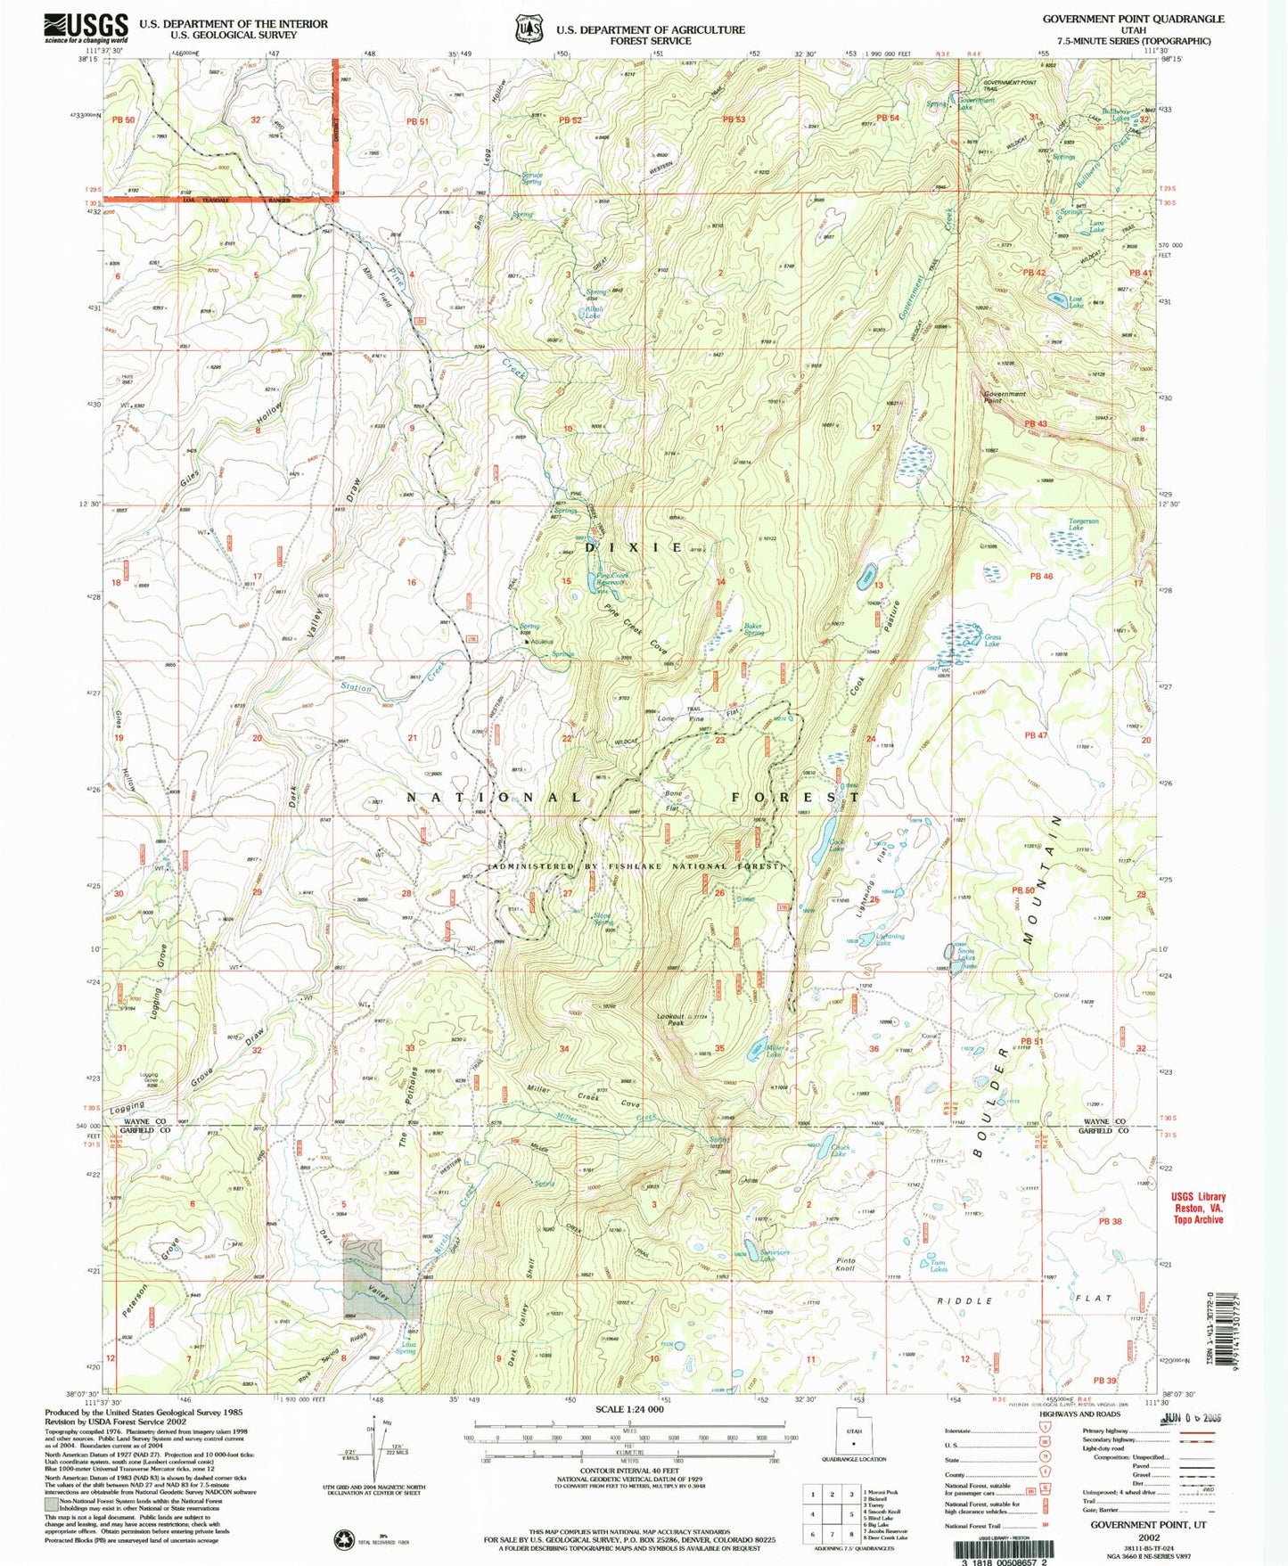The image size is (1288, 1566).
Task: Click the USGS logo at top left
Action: pyautogui.click(x=86, y=29)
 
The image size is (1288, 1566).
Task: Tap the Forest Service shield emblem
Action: pyautogui.click(x=528, y=29)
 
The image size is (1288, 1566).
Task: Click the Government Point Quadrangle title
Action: pyautogui.click(x=1133, y=19)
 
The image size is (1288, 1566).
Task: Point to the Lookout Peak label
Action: pyautogui.click(x=670, y=1020)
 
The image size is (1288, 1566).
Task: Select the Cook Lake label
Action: pyautogui.click(x=836, y=845)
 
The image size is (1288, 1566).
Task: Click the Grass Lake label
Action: pyautogui.click(x=991, y=640)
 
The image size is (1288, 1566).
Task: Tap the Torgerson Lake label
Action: pyautogui.click(x=1083, y=524)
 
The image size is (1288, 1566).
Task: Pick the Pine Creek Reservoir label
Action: pyautogui.click(x=612, y=579)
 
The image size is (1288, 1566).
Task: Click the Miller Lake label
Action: pyautogui.click(x=774, y=1052)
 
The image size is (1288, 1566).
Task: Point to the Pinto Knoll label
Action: pyautogui.click(x=845, y=1264)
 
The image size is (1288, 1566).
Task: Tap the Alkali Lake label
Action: pyautogui.click(x=593, y=312)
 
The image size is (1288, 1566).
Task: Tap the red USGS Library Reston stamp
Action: pyautogui.click(x=1199, y=1208)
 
